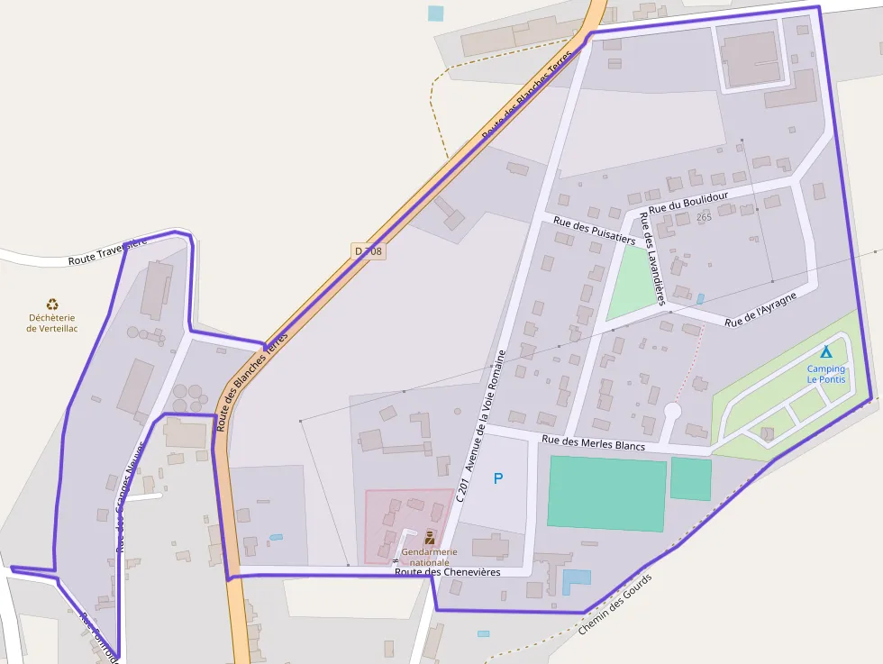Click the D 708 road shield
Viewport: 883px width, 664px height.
pos(369,252)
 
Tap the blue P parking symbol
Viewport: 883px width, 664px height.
pos(498,478)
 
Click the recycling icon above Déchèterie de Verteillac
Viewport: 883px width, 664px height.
pos(52,305)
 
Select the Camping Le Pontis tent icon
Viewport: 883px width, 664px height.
pos(826,352)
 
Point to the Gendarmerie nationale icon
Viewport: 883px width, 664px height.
pos(430,538)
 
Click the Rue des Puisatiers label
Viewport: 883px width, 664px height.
pos(595,230)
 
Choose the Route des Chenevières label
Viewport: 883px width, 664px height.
pos(447,571)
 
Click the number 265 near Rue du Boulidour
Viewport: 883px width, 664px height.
pos(704,217)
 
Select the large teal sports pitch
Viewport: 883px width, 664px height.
pos(606,492)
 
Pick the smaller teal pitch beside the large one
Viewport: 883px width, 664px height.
pos(690,478)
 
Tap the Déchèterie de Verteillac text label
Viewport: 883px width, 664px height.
pos(52,323)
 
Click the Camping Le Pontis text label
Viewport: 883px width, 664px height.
pos(826,374)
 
